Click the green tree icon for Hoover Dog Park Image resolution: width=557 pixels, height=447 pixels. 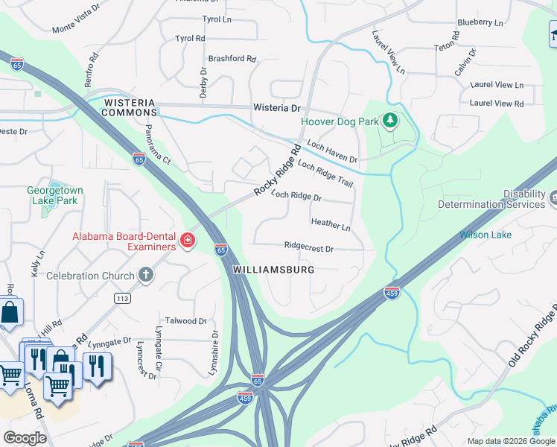pos(389,121)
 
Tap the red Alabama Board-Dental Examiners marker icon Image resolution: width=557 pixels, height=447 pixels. pos(188,241)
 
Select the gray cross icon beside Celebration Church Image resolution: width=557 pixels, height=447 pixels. pos(146,275)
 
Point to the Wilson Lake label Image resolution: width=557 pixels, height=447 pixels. pos(485,235)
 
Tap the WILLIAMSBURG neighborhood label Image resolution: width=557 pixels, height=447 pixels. pos(273,269)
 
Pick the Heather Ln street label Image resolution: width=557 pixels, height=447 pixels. pos(331,223)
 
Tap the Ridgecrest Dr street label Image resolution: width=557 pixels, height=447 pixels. pos(308,247)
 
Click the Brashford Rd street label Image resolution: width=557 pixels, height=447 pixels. pos(232,58)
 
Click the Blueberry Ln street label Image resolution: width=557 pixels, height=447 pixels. pos(480,23)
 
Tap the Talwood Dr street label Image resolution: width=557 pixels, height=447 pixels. pos(185,320)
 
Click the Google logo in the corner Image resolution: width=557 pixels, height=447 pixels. pos(25,438)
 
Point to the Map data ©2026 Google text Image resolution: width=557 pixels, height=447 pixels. pos(511,441)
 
